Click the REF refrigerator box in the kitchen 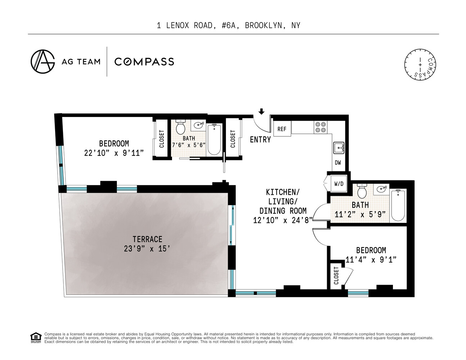pos(282,129)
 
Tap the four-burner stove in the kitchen pos(321,127)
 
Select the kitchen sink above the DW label pos(338,148)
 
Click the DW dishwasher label pos(338,163)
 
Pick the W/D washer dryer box pos(339,184)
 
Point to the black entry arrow pos(262,111)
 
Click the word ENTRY pos(260,140)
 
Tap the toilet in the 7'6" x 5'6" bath pos(180,127)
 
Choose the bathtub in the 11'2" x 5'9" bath pos(398,206)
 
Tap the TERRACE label pos(147,239)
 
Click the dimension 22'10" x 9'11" pos(114,153)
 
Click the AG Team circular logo pos(42,61)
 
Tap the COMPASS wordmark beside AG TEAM pos(144,62)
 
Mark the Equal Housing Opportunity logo pos(35,338)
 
